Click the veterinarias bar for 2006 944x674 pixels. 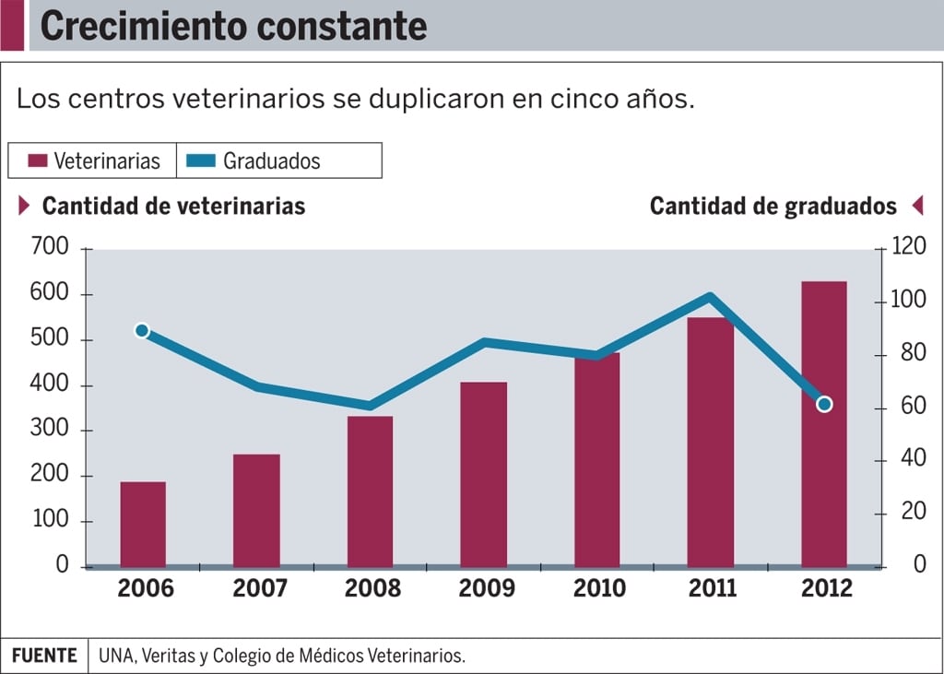[143, 524]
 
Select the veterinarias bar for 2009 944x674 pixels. [484, 474]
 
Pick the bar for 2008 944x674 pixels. [370, 491]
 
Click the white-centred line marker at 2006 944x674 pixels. [142, 331]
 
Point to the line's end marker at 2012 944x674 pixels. [824, 404]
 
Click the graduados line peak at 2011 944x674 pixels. [710, 297]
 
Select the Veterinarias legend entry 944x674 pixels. [94, 161]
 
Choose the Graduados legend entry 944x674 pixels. [259, 161]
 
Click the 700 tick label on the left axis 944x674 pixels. [49, 247]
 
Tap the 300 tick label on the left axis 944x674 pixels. [49, 430]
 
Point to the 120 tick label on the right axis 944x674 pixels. [907, 247]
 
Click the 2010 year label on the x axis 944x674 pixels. [599, 588]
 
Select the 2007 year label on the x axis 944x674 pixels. [259, 588]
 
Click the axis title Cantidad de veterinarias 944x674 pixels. [173, 206]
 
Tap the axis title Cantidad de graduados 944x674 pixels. [773, 206]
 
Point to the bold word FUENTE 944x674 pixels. [44, 656]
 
